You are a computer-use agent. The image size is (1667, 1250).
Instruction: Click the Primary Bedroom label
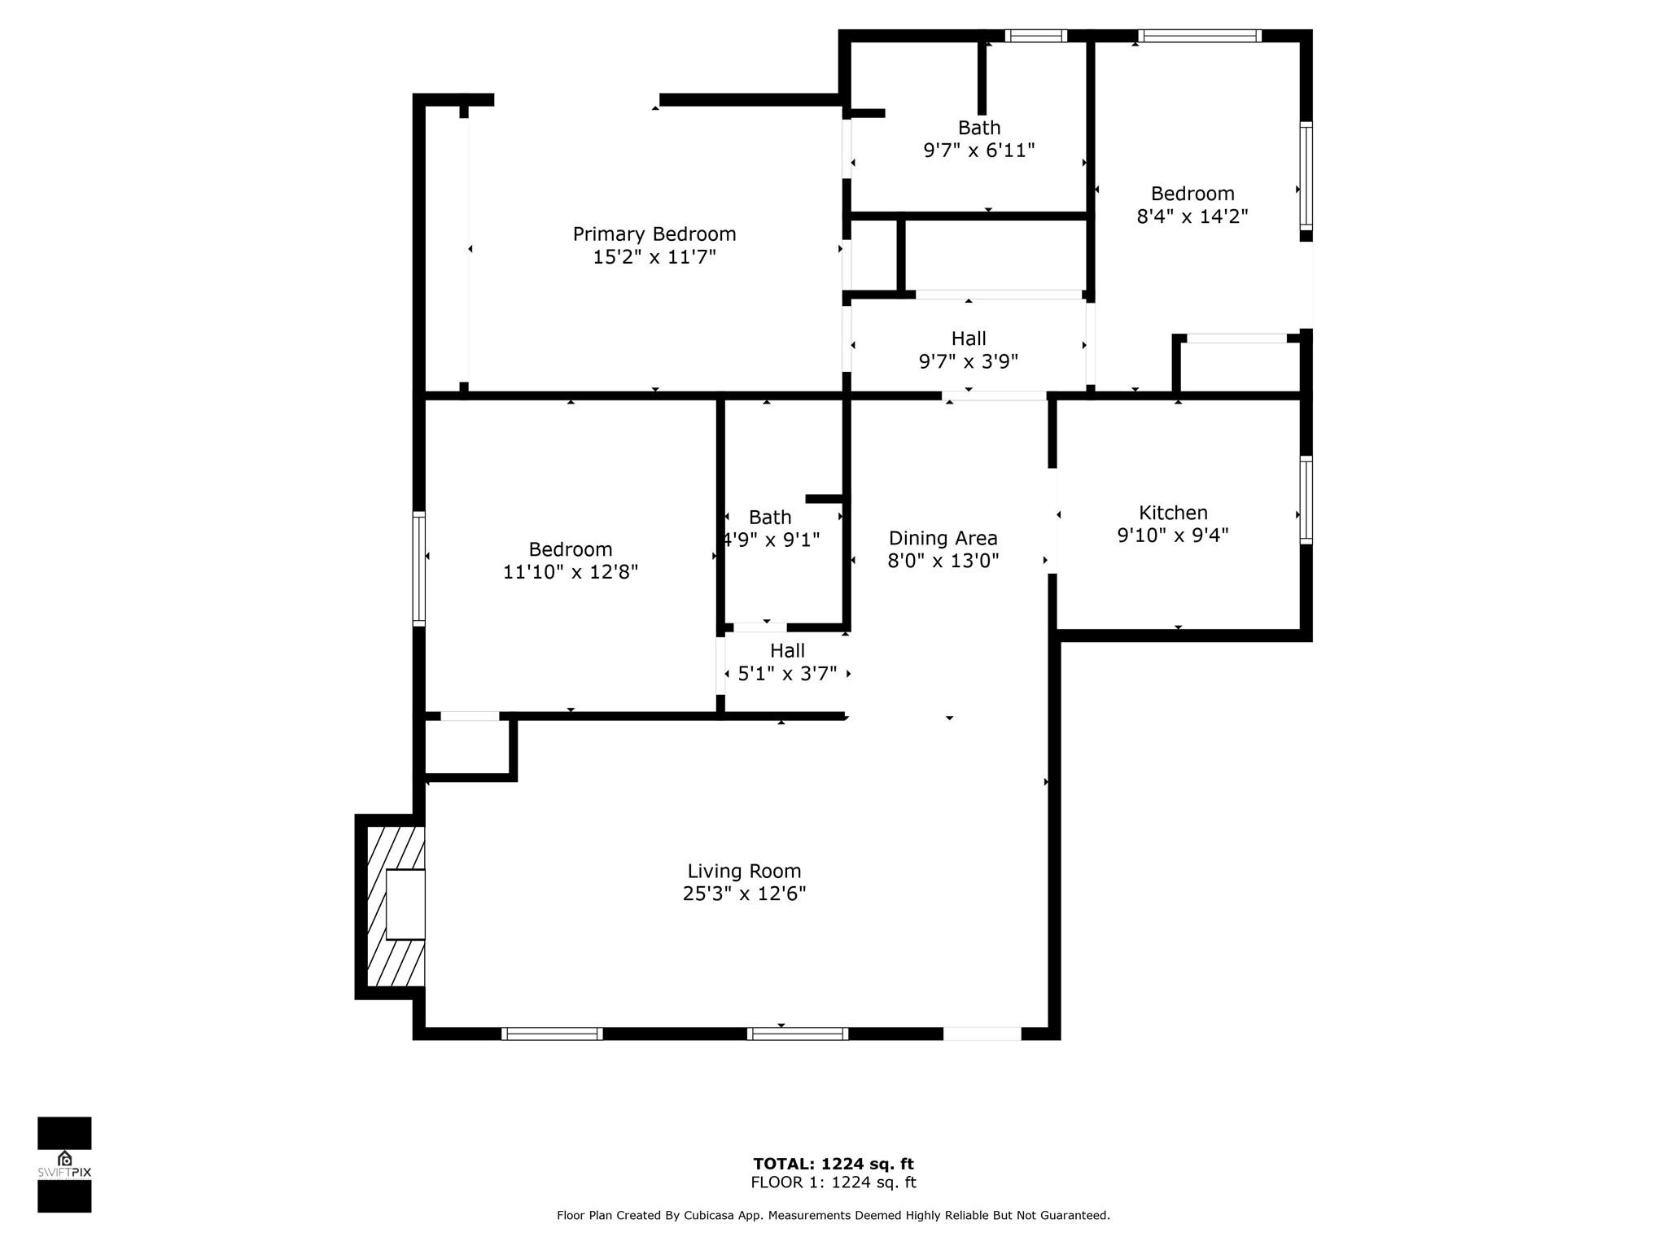654,234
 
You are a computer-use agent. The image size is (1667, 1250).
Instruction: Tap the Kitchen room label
1173,513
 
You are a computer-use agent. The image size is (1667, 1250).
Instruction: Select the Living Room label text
744,872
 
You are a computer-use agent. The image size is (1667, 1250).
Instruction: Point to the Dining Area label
943,538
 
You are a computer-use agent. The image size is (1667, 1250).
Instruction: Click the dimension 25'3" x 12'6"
744,894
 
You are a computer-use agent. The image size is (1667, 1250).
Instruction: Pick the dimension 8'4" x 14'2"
1192,216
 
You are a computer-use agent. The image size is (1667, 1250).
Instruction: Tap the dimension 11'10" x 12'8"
570,572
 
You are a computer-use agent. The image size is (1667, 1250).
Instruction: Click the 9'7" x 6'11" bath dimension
979,151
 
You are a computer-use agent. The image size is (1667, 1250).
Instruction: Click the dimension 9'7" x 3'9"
969,361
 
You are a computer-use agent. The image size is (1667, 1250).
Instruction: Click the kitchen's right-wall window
1306,500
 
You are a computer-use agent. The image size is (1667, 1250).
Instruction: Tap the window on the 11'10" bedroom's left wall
419,568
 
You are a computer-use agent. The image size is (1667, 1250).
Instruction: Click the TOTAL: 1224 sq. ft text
833,1164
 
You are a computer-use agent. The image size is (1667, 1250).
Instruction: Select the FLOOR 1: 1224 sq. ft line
833,1182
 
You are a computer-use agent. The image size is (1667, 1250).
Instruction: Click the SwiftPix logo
64,1165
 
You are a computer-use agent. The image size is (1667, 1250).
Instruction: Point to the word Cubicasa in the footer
707,1216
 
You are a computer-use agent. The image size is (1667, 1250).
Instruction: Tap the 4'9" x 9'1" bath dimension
772,540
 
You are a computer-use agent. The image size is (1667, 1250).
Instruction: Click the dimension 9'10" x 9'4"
1173,535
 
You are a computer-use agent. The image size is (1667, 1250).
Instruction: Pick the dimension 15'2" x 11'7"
654,257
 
